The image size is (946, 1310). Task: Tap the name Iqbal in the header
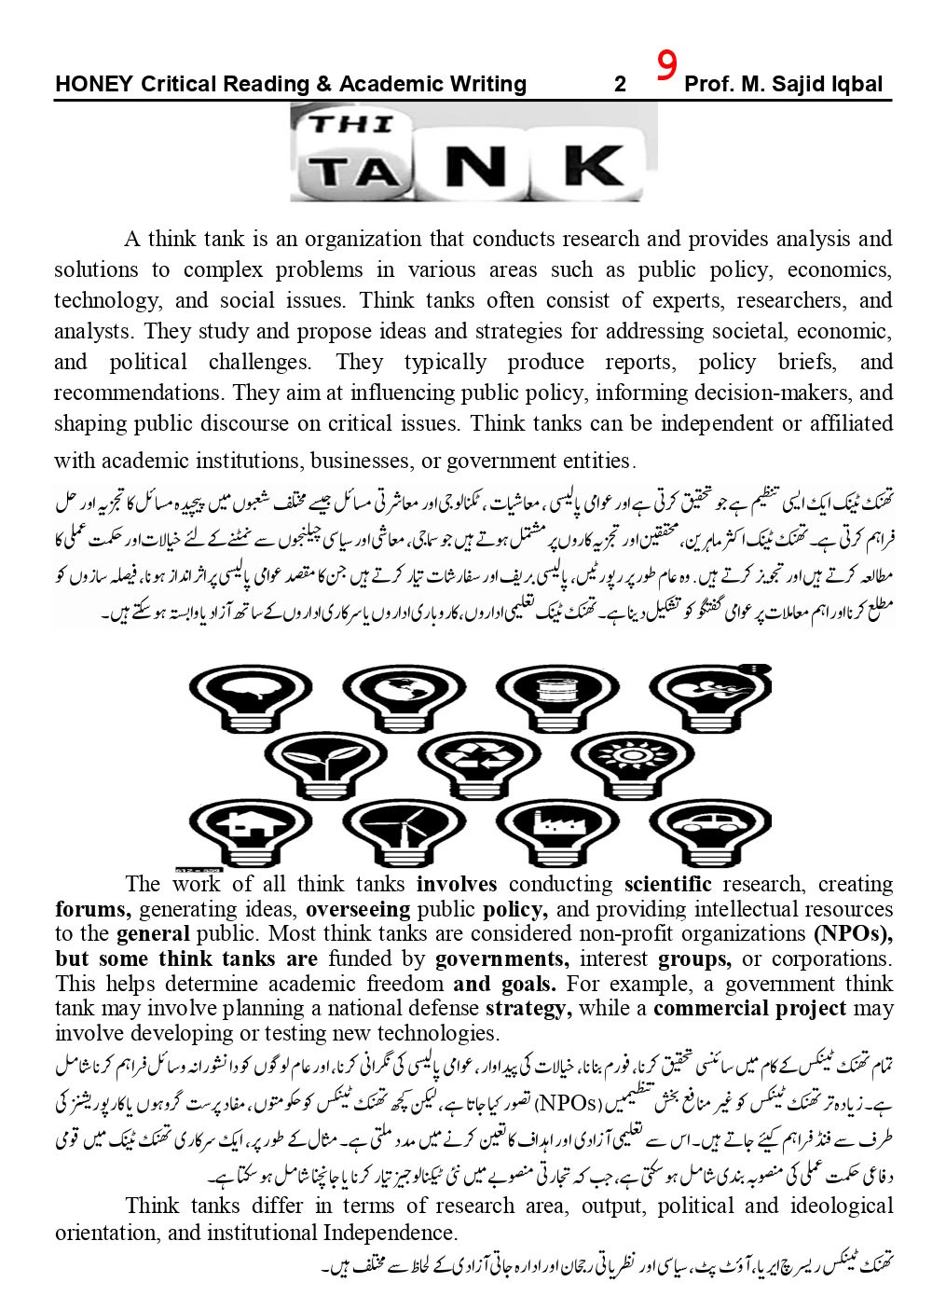pyautogui.click(x=852, y=85)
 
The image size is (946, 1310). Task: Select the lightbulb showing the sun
pyautogui.click(x=634, y=755)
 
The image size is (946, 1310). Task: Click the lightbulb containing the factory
pyautogui.click(x=554, y=826)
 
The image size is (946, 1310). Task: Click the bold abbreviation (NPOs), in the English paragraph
pyautogui.click(x=853, y=933)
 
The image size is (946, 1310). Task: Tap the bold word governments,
pyautogui.click(x=502, y=958)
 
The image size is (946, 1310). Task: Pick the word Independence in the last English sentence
pyautogui.click(x=390, y=1233)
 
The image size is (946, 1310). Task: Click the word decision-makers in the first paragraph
pyautogui.click(x=754, y=393)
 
